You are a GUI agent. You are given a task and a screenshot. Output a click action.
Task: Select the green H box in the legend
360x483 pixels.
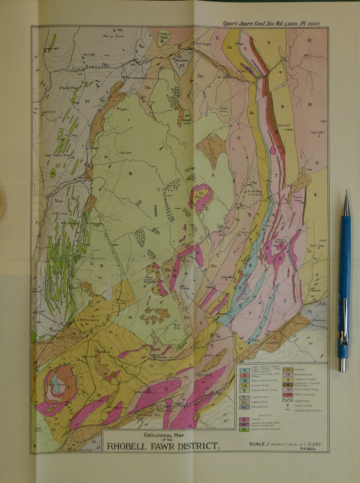coord(242,429)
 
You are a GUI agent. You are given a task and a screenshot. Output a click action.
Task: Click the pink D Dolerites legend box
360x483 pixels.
coord(242,419)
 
